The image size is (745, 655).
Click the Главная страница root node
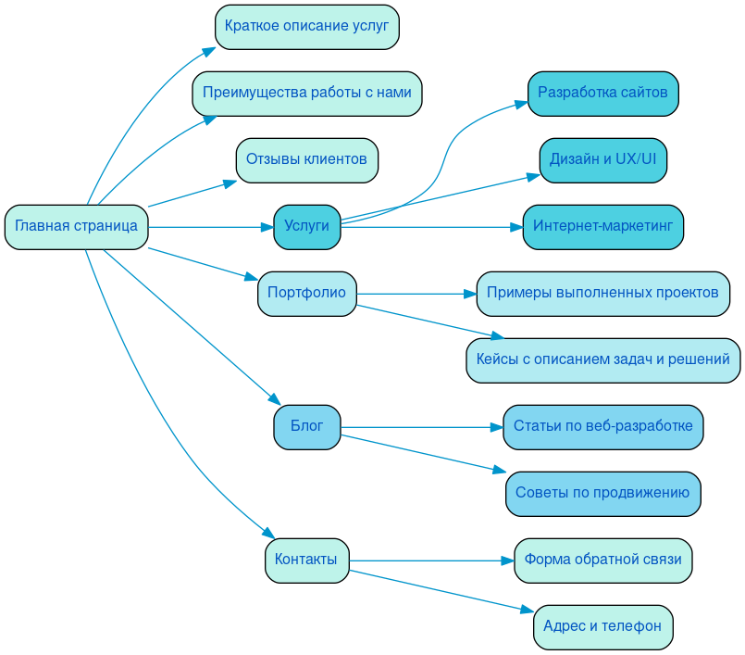tap(76, 227)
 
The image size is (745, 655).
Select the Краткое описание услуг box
tap(306, 27)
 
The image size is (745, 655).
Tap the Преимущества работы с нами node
tap(306, 94)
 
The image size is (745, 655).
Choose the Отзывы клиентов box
tap(306, 160)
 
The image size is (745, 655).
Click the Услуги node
tap(306, 227)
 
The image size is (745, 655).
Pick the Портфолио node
tap(306, 294)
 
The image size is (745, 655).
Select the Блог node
tap(306, 427)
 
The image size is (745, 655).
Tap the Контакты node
tap(306, 561)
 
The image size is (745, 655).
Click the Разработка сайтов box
tap(602, 94)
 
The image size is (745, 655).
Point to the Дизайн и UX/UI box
tap(602, 160)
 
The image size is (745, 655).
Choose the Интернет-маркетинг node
tap(602, 227)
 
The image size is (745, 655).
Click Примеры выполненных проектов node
tap(602, 294)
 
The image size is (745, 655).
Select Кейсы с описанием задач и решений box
tap(602, 360)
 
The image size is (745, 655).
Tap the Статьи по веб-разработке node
tap(602, 427)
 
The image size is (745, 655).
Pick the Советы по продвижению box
tap(602, 494)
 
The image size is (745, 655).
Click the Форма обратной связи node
tap(602, 561)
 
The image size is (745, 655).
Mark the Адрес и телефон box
tap(602, 627)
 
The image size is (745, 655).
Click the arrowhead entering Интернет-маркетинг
tap(516, 227)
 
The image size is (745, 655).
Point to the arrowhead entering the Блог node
tap(275, 400)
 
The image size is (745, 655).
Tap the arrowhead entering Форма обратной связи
tap(507, 561)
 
